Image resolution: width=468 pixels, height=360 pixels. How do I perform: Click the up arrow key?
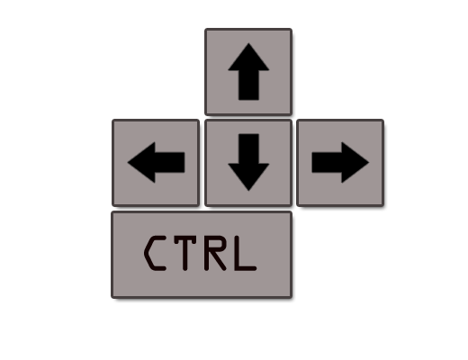pyautogui.click(x=248, y=72)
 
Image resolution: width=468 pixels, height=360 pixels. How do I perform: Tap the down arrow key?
pyautogui.click(x=248, y=163)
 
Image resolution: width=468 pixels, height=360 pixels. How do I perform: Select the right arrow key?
pyautogui.click(x=340, y=163)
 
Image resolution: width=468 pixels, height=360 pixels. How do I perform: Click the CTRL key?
pyautogui.click(x=202, y=255)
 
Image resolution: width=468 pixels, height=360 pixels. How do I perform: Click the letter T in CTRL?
pyautogui.click(x=185, y=254)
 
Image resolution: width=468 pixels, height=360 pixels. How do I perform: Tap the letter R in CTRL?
pyautogui.click(x=215, y=254)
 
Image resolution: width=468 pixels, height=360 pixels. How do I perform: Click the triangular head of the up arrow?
pyautogui.click(x=248, y=60)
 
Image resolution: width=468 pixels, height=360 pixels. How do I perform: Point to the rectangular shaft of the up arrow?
pyautogui.click(x=248, y=85)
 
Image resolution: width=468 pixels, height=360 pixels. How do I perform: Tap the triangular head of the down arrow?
pyautogui.click(x=248, y=175)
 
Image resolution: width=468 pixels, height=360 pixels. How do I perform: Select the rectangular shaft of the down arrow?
pyautogui.click(x=248, y=148)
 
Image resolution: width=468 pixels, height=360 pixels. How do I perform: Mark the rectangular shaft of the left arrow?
pyautogui.click(x=170, y=162)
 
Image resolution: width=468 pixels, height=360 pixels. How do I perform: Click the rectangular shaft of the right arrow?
pyautogui.click(x=327, y=162)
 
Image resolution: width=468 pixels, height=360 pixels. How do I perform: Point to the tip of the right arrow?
pyautogui.click(x=369, y=162)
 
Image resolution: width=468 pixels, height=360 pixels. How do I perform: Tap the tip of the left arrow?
pyautogui.click(x=128, y=162)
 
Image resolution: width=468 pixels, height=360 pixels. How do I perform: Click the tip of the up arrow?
pyautogui.click(x=248, y=43)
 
